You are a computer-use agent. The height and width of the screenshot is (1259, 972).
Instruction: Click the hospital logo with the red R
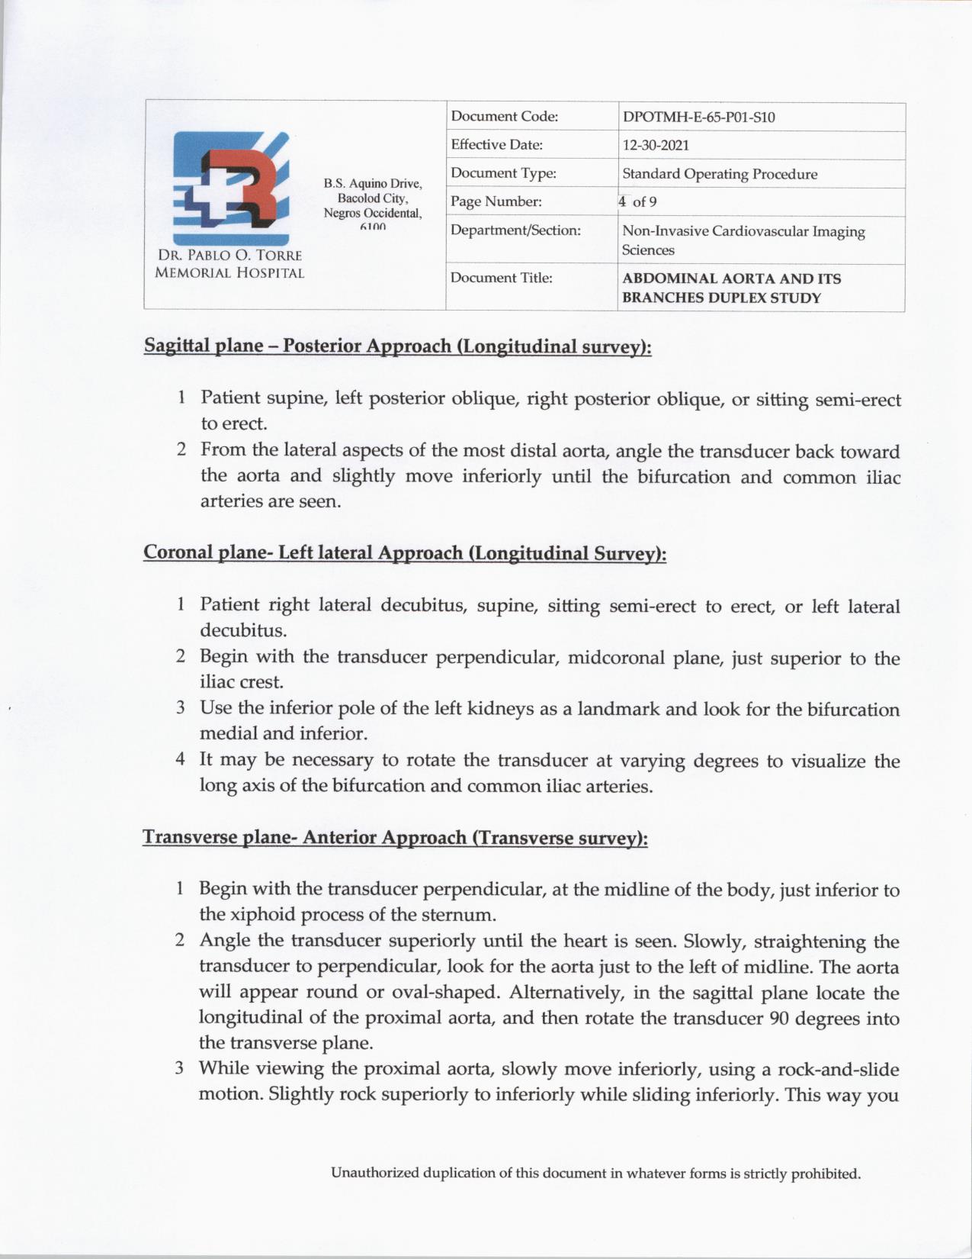coord(230,188)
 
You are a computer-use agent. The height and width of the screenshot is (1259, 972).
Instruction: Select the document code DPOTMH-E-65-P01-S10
coord(698,118)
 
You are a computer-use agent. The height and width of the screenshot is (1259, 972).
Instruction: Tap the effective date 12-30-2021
coord(656,146)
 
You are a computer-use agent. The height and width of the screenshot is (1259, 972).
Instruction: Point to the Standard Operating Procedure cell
coord(719,174)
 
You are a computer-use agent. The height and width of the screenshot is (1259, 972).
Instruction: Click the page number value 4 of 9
coord(638,202)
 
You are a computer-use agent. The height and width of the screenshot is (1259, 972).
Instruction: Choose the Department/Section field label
coord(515,230)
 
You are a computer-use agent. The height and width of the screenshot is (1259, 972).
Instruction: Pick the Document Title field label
coord(501,278)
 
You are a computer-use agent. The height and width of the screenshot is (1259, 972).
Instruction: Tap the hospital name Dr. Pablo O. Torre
coord(229,256)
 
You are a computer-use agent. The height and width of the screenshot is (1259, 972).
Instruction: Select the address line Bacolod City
coord(373,198)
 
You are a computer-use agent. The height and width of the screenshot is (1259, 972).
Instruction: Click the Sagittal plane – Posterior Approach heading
coord(397,346)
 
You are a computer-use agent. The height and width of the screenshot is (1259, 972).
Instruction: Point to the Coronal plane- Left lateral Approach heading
coord(405,552)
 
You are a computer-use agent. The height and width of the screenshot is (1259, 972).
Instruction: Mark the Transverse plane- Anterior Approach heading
coord(395,838)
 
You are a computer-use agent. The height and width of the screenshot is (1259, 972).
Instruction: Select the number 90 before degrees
coord(780,1018)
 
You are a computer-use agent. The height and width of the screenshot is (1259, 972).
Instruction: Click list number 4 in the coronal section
coord(181,760)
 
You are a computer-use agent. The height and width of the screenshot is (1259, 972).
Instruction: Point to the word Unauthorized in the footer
coord(374,1173)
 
